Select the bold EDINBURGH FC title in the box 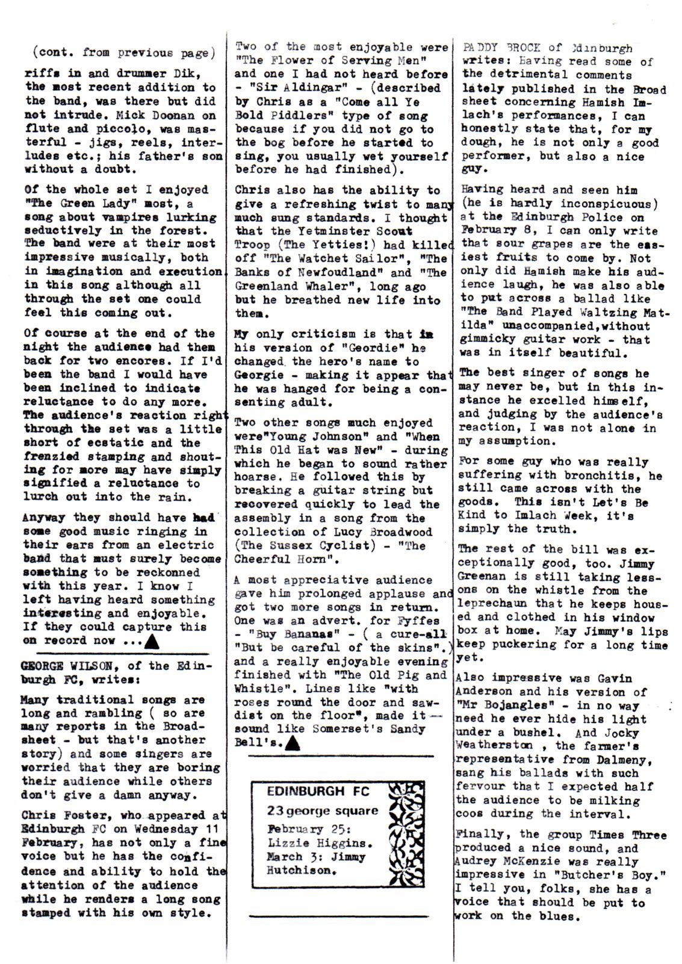click(x=318, y=790)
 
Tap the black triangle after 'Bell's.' click(x=293, y=743)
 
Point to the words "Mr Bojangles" click(x=496, y=706)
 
